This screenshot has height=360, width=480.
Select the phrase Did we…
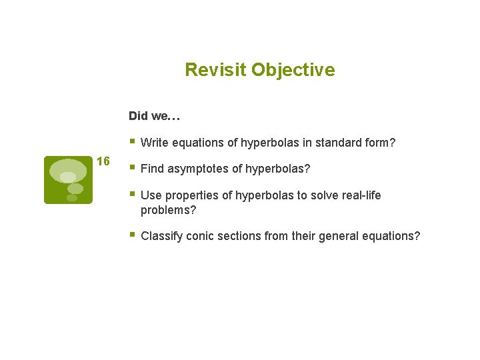pos(154,116)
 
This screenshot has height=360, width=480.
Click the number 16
pos(103,161)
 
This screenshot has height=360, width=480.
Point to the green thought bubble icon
pos(68,179)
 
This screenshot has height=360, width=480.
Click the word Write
pos(155,143)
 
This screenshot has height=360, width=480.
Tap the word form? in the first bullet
pos(381,143)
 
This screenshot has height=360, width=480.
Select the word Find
pos(153,169)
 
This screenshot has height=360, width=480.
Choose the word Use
pos(151,196)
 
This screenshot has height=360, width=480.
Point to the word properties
pos(189,196)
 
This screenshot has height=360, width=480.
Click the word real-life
pos(359,196)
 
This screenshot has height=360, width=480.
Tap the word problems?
pos(168,211)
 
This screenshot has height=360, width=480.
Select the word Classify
pos(162,236)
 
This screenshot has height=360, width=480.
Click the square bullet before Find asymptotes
pos(133,168)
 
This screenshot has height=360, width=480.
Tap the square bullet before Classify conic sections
pos(133,235)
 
